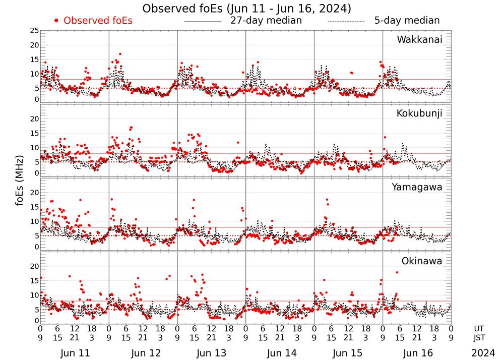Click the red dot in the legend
[x=56, y=21]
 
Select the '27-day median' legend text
[x=266, y=21]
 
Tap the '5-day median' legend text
[x=407, y=21]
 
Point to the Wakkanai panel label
[x=419, y=40]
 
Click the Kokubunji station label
[x=418, y=113]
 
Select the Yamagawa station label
[x=417, y=187]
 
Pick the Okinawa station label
[x=422, y=261]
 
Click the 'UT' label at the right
[x=480, y=329]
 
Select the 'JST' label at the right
[x=480, y=339]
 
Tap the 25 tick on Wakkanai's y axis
[x=34, y=31]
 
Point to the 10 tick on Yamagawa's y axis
[x=34, y=221]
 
